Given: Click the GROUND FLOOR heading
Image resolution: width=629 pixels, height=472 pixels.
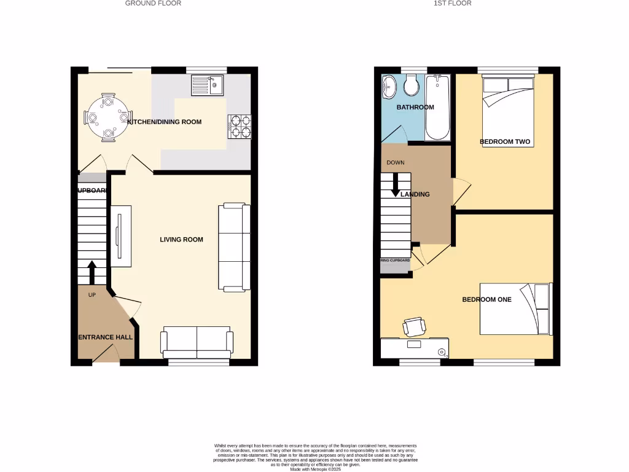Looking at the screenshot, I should click(x=153, y=3).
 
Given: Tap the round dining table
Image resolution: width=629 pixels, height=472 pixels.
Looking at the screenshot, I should click(x=108, y=117).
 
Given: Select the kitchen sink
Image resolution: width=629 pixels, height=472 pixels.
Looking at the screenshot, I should click(x=208, y=85).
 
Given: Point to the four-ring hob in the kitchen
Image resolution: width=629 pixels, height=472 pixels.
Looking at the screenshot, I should click(x=240, y=126).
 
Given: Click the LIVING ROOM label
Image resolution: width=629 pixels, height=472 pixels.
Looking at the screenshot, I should click(x=181, y=240).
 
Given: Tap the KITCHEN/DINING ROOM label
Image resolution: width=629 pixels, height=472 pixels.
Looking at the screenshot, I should click(x=164, y=122).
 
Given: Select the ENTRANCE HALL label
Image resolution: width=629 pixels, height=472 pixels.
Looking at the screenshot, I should click(x=105, y=337).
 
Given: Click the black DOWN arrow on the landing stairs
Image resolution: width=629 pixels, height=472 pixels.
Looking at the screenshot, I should click(x=395, y=184).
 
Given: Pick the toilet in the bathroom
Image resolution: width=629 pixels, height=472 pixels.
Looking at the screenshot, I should click(x=411, y=85).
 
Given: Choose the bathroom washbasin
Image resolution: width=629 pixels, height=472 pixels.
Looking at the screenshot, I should click(x=389, y=87).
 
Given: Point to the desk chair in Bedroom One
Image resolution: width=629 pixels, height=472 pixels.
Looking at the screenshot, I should click(x=414, y=326).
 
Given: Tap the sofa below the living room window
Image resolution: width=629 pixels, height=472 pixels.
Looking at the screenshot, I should click(x=197, y=342).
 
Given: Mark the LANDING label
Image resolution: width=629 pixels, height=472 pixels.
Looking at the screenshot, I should click(x=415, y=194).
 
